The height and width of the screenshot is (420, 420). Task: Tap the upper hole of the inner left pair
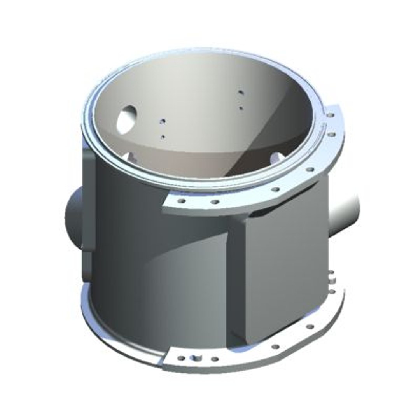tap(163, 122)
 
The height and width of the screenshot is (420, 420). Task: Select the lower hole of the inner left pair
tap(163, 137)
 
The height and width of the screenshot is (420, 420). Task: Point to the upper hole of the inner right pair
tap(241, 93)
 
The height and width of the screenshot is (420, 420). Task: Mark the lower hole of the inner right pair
tap(241, 108)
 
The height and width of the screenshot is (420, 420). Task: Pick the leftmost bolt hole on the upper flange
tap(182, 201)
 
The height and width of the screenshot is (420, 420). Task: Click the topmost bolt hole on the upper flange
tap(330, 115)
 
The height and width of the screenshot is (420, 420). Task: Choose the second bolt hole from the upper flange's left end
tap(214, 202)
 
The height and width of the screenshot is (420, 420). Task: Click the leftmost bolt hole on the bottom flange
tap(181, 358)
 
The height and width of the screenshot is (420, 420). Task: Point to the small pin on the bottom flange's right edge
tap(331, 277)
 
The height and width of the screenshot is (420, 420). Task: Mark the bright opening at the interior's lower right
tap(277, 157)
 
